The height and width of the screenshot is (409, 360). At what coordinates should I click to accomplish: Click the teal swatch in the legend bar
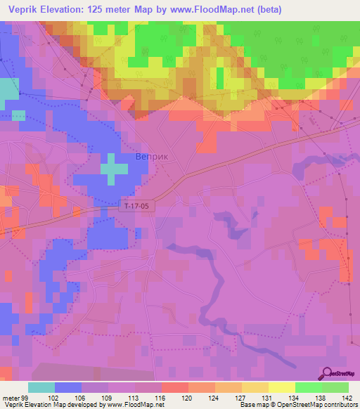[41, 387]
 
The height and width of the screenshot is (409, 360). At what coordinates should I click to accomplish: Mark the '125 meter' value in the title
[103, 9]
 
